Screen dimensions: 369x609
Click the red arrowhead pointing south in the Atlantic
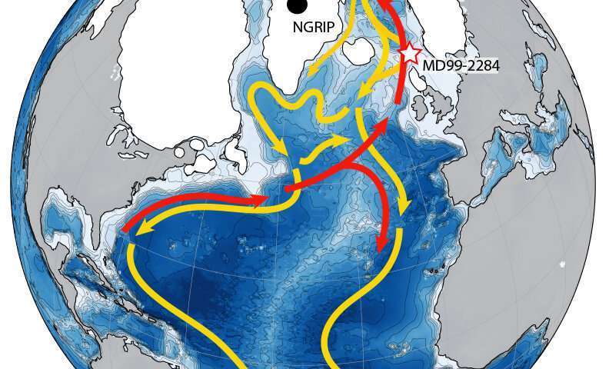(x=381, y=246)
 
